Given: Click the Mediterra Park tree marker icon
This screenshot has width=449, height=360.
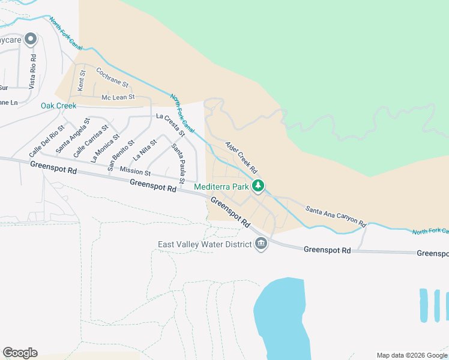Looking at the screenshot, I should click(258, 187).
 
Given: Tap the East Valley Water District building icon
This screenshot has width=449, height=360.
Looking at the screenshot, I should click(261, 244).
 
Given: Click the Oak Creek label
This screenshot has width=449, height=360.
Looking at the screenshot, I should click(58, 106).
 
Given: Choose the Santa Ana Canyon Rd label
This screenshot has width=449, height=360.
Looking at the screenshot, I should click(336, 216).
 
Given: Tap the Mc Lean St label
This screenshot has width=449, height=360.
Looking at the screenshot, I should click(118, 97).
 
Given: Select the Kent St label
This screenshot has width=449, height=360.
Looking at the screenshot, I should click(82, 80).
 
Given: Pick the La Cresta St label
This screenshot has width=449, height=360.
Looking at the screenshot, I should click(171, 123).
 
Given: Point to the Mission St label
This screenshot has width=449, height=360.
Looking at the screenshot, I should click(134, 172).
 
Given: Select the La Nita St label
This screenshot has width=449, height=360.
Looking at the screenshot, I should click(144, 150).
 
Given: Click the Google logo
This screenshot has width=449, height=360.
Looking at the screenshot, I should click(20, 353).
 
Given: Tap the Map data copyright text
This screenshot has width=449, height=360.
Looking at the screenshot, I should click(411, 355).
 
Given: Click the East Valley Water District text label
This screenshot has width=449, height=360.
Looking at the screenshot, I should click(203, 244).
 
